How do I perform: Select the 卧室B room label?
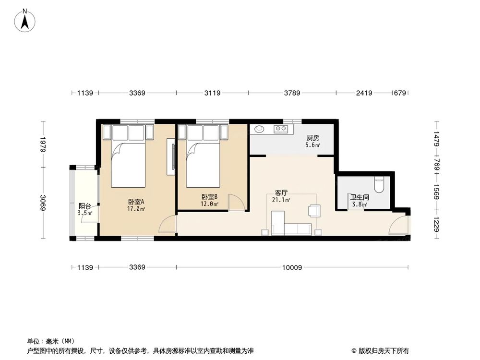pos(210,196)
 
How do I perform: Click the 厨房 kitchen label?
pos(313,138)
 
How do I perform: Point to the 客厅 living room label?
pos(281,193)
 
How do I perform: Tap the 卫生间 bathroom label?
pos(359,197)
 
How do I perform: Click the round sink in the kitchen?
pos(260,129)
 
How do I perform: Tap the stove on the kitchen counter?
pos(280,129)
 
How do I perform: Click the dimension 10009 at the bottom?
pos(292,267)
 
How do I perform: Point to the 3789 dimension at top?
pos(292,93)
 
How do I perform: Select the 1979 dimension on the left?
pos(43,144)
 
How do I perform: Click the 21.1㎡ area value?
pos(281,200)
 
